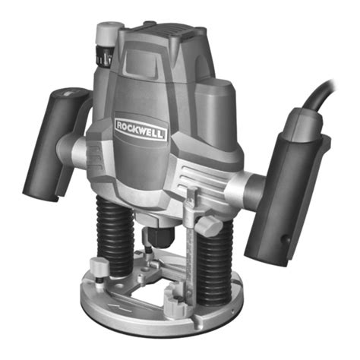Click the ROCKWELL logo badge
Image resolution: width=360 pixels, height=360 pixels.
(141, 129)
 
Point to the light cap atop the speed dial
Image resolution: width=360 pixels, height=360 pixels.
(109, 33)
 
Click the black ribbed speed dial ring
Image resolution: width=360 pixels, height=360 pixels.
(104, 57)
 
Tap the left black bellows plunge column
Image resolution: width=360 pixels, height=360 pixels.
(115, 237)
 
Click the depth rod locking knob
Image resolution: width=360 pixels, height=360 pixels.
(208, 226)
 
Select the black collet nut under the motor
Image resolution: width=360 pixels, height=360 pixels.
(161, 237)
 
